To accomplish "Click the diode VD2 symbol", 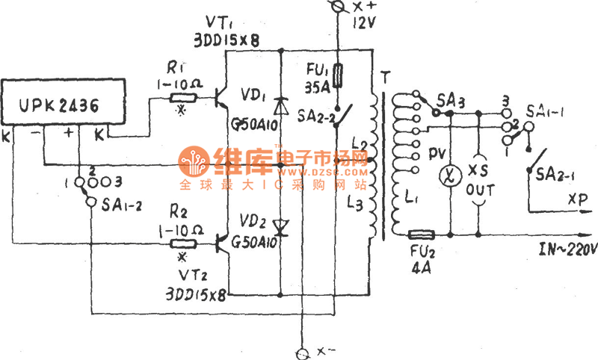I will [280, 225].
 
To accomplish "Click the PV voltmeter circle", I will [450, 177].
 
